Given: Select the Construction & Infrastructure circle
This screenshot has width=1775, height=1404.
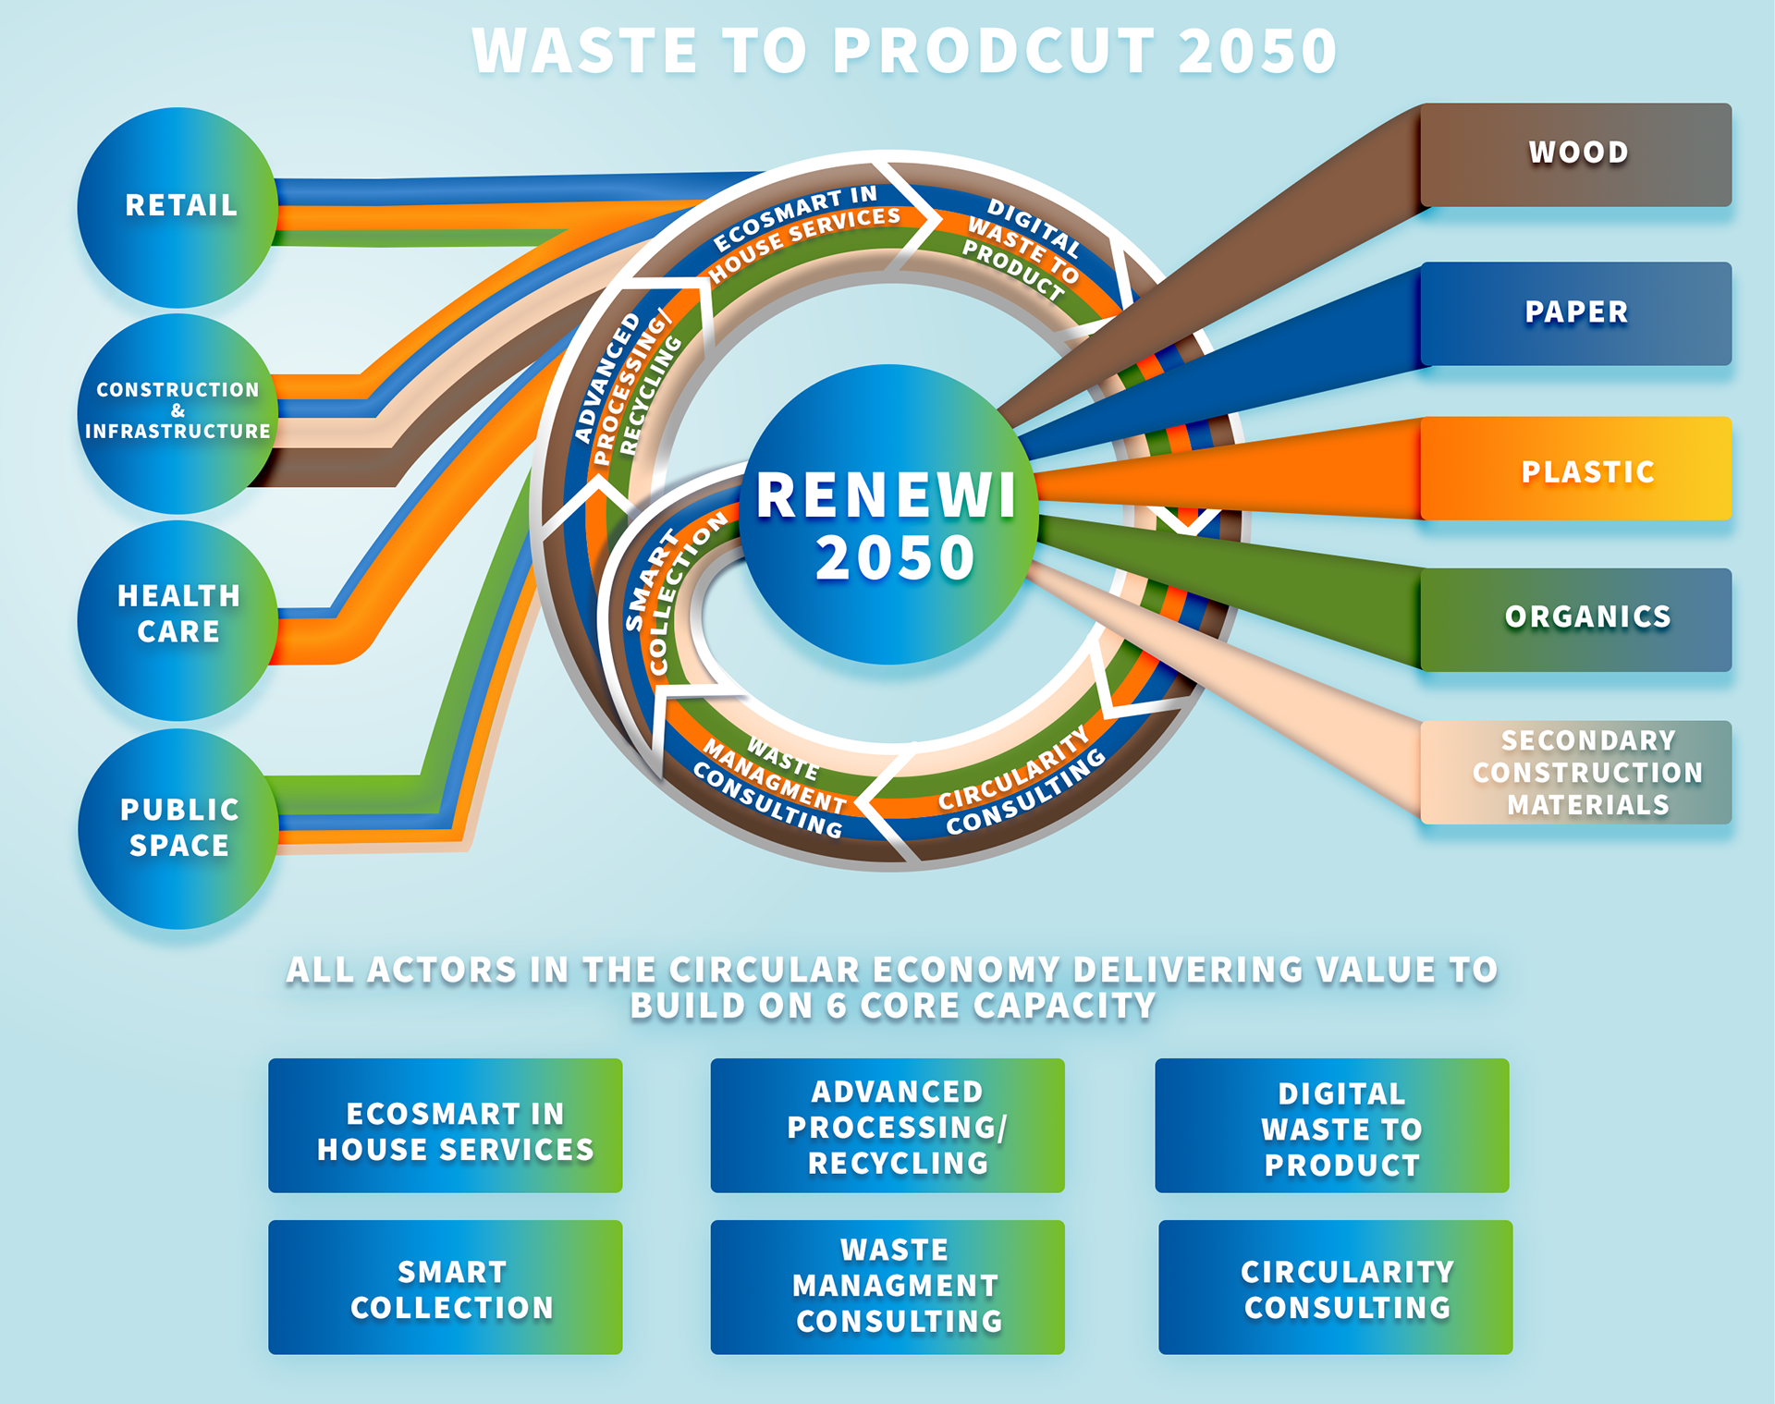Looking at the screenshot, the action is [x=177, y=412].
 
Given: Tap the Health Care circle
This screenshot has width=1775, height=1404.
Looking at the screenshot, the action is [x=177, y=617].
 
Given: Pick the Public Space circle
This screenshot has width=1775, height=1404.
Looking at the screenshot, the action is [x=177, y=828].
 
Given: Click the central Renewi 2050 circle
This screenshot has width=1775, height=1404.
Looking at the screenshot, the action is [x=887, y=516].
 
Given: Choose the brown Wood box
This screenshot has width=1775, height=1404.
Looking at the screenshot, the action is [x=1575, y=154].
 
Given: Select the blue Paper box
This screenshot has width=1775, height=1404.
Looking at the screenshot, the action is [x=1575, y=313].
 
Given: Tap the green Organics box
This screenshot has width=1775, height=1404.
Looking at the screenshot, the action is [x=1575, y=618].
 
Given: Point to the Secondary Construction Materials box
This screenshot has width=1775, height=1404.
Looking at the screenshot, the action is [x=1575, y=773].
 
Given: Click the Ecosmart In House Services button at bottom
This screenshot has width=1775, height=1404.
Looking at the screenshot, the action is [x=445, y=1125].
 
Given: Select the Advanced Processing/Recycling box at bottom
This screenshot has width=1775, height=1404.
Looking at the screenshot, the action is [x=887, y=1125].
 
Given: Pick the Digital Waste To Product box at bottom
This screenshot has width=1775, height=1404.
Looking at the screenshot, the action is [x=1331, y=1125].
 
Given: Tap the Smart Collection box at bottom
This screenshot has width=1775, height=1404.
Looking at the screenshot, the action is [x=445, y=1287].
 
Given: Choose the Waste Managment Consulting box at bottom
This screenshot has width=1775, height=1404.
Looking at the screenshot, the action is [x=887, y=1287].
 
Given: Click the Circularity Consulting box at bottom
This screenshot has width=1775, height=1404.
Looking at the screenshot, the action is [x=1335, y=1287].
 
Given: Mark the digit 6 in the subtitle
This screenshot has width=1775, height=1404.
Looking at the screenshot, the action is [x=836, y=1007].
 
